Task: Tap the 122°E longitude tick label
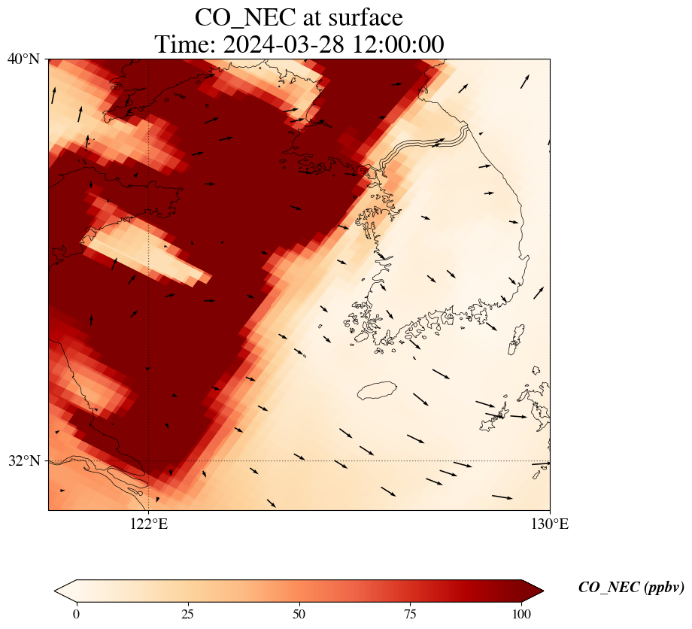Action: click(149, 524)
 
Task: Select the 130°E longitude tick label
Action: click(550, 524)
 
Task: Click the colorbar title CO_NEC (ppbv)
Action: click(631, 588)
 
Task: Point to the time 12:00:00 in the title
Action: click(399, 44)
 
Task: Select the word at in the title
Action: click(302, 17)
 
